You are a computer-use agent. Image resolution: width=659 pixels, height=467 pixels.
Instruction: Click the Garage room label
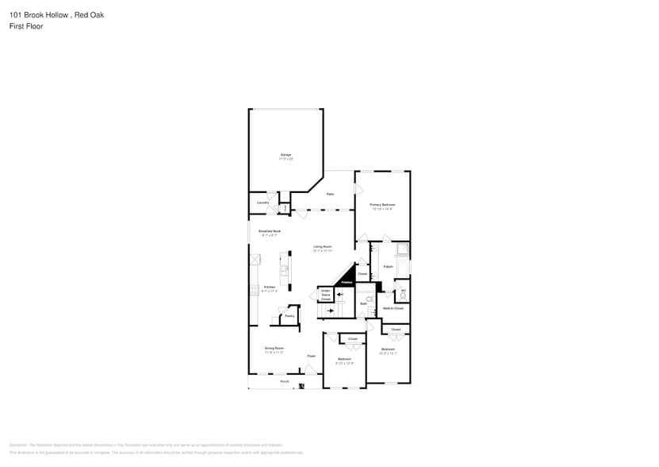pyautogui.click(x=285, y=155)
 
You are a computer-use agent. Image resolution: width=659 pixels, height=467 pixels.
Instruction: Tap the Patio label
pyautogui.click(x=330, y=194)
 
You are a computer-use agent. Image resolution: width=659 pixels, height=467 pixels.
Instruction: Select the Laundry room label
pyautogui.click(x=263, y=203)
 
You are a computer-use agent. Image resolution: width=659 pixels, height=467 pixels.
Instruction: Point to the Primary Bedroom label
pyautogui.click(x=382, y=205)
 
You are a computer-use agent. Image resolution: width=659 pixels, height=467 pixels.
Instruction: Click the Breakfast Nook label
pyautogui.click(x=270, y=231)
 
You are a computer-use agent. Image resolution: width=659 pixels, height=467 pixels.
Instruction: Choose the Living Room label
pyautogui.click(x=322, y=247)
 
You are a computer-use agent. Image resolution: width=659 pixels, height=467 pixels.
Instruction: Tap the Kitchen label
pyautogui.click(x=270, y=287)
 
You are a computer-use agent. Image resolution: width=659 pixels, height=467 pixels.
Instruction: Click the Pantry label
pyautogui.click(x=289, y=316)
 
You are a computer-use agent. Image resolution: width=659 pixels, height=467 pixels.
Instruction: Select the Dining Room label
pyautogui.click(x=274, y=348)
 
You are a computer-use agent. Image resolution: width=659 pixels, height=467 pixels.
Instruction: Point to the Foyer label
pyautogui.click(x=312, y=356)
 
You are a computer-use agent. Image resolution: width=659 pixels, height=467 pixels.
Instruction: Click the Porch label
pyautogui.click(x=284, y=382)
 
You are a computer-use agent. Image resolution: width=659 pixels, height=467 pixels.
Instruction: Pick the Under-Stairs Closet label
pyautogui.click(x=325, y=295)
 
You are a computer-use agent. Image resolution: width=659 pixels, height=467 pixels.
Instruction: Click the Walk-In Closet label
pyautogui.click(x=393, y=307)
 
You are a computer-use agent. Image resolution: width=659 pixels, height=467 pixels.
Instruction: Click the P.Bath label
pyautogui.click(x=389, y=267)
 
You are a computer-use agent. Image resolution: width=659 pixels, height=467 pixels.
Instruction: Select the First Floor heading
pyautogui.click(x=27, y=26)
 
